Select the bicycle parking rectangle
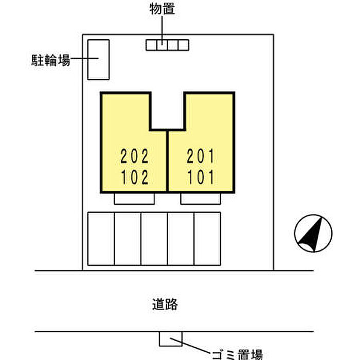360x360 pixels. pyautogui.click(x=98, y=60)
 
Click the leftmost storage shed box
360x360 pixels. pyautogui.click(x=151, y=46)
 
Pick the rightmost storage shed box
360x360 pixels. pyautogui.click(x=183, y=46)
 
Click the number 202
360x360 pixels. pyautogui.click(x=135, y=155)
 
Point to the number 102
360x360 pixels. pyautogui.click(x=135, y=177)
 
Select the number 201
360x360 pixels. pyautogui.click(x=201, y=155)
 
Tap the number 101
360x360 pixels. pyautogui.click(x=201, y=177)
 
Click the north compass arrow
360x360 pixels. pyautogui.click(x=313, y=233)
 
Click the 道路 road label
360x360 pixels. pyautogui.click(x=165, y=304)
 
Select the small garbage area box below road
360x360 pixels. pyautogui.click(x=170, y=338)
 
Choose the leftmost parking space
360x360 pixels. pyautogui.click(x=101, y=239)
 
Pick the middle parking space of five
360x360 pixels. pyautogui.click(x=154, y=239)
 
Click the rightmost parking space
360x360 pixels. pyautogui.click(x=207, y=239)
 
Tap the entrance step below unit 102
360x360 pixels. pyautogui.click(x=134, y=198)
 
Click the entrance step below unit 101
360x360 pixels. pyautogui.click(x=201, y=198)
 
